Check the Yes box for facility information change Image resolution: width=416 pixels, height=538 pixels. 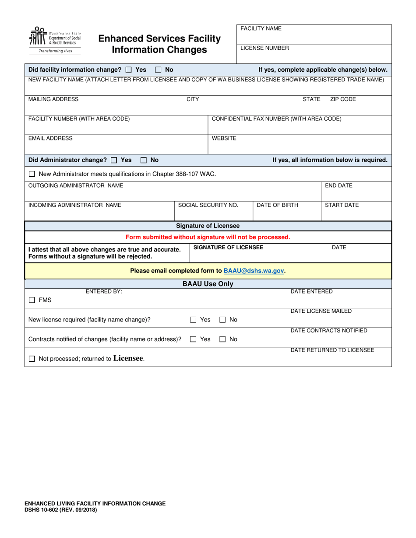[128, 70]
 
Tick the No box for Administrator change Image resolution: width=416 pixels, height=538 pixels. [143, 160]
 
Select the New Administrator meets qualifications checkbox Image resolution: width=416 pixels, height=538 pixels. [32, 174]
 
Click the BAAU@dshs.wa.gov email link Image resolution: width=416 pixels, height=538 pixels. [254, 271]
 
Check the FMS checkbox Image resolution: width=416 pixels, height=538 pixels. [32, 300]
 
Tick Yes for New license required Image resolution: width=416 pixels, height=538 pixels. [193, 320]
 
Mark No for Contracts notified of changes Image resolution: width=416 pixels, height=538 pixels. [222, 339]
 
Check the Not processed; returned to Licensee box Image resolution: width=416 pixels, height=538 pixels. [32, 359]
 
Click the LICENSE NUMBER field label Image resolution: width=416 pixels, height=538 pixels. [264, 48]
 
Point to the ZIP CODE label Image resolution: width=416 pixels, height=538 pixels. [343, 99]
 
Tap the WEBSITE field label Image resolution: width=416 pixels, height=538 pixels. [224, 138]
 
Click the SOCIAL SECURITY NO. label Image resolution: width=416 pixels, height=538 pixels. [208, 205]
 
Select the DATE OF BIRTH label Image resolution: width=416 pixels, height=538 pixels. [277, 205]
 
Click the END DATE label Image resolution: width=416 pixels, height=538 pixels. [338, 185]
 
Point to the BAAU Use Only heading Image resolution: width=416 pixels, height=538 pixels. [208, 284]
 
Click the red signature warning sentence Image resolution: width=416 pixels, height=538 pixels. [208, 237]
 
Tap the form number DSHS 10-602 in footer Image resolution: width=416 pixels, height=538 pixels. [61, 510]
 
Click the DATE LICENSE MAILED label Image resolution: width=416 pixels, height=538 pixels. [321, 311]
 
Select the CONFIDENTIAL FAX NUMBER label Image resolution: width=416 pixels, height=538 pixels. [276, 119]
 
